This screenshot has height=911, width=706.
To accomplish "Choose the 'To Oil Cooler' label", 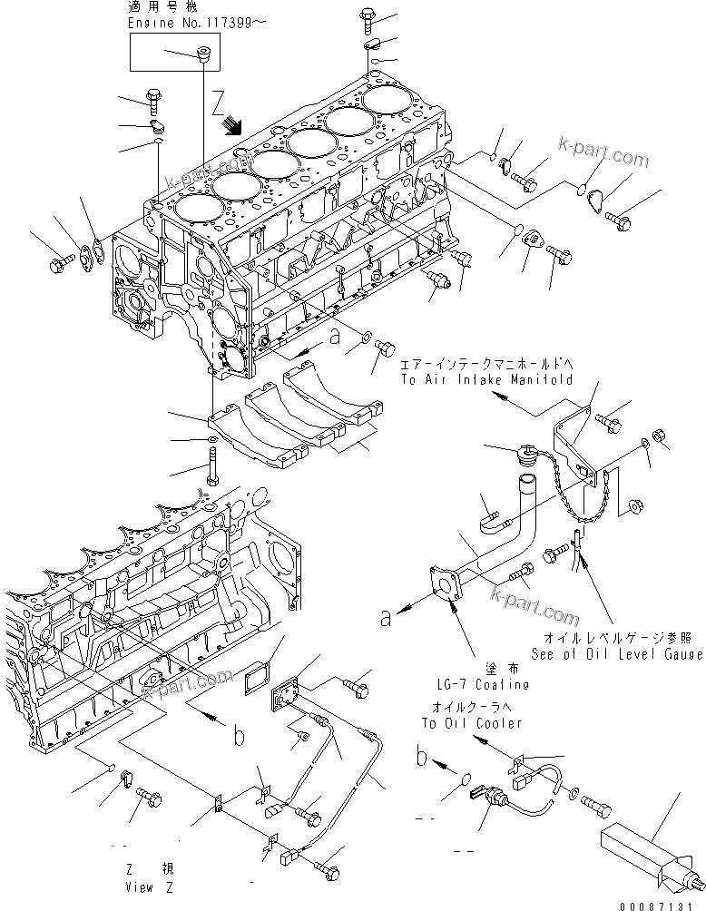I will [x=472, y=723].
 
